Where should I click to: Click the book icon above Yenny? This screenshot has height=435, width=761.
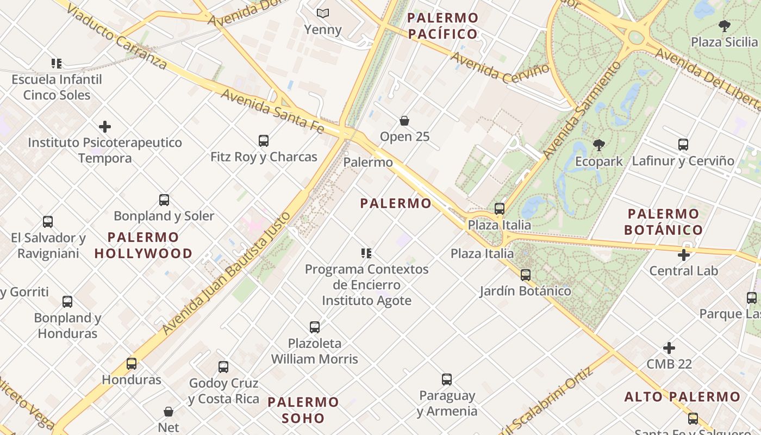(323, 13)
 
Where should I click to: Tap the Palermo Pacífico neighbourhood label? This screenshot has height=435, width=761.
(442, 26)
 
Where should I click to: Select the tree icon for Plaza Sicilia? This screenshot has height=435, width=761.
(724, 26)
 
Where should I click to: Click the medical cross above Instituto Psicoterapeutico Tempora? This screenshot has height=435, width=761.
(105, 127)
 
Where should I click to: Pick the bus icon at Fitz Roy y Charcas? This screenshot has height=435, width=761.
(264, 141)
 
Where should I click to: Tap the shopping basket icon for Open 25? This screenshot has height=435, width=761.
(404, 121)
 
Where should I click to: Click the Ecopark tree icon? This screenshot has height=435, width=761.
(598, 145)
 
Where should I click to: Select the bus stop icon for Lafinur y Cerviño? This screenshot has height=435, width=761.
(683, 145)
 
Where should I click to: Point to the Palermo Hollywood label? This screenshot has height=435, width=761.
(144, 245)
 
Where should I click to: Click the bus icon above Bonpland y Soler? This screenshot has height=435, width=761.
(164, 200)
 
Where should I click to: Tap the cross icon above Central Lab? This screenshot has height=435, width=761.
(684, 254)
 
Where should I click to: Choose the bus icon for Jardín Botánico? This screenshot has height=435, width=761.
(525, 275)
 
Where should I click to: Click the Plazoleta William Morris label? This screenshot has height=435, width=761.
(315, 351)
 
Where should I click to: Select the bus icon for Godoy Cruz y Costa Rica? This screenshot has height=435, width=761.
(223, 367)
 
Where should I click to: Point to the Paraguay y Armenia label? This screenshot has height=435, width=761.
(447, 403)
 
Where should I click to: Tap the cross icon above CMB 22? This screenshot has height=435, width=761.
(669, 348)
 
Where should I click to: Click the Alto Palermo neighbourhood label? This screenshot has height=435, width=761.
(682, 396)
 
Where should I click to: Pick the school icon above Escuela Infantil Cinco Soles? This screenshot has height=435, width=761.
(57, 64)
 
